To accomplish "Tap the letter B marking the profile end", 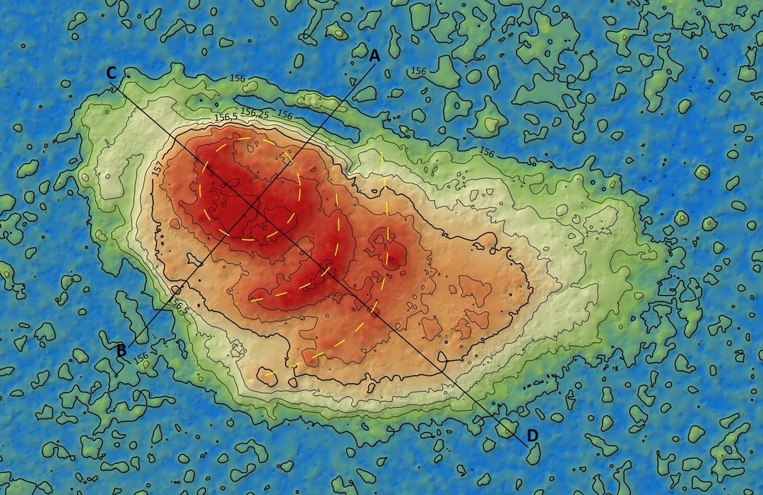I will click(122, 349).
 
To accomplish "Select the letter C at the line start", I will click(111, 73).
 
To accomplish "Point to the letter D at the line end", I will click(532, 433).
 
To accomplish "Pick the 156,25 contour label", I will click(254, 112).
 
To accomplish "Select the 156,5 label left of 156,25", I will click(226, 117).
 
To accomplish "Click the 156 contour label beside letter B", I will click(141, 356).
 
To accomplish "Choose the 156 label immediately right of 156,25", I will click(285, 115).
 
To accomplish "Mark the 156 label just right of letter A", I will click(418, 71).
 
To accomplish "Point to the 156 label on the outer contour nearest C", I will click(237, 79).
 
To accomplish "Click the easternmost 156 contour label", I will click(487, 151).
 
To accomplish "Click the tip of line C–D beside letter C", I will click(112, 86).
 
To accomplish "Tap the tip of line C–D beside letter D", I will click(526, 445).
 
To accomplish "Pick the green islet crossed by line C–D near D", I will click(507, 426).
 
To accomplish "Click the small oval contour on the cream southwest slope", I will click(266, 376).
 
